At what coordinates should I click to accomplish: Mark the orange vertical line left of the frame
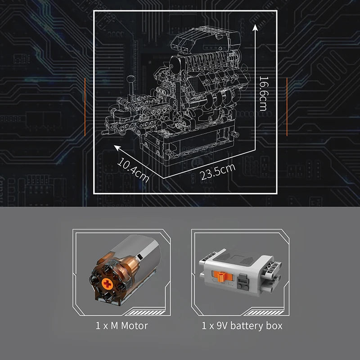pos(85,107)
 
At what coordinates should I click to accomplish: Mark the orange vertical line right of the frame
pos(287,107)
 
